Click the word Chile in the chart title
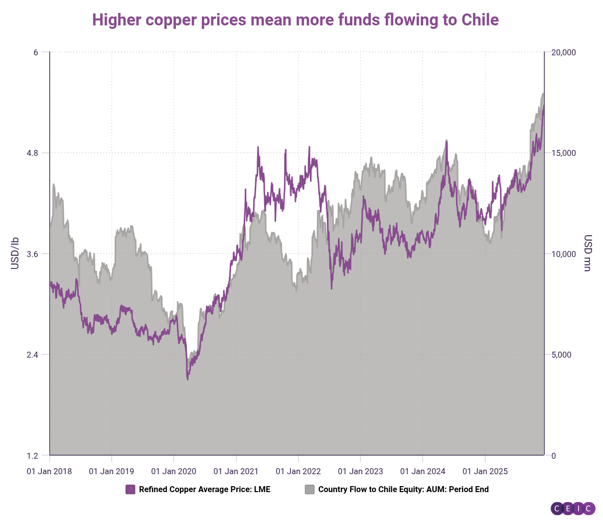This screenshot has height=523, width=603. [480, 20]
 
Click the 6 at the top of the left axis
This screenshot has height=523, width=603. [36, 52]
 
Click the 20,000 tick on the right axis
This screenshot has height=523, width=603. [563, 52]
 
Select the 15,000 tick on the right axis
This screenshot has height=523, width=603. [563, 153]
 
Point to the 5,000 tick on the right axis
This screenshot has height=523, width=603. [561, 355]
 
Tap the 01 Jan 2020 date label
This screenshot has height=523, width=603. [174, 471]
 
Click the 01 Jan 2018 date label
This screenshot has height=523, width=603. [49, 471]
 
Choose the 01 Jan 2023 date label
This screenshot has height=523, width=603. [360, 471]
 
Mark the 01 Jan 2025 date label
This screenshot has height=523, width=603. [485, 471]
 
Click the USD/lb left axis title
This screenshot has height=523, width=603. [15, 253]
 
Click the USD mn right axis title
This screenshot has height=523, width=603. [588, 253]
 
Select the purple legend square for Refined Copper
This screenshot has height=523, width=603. [131, 489]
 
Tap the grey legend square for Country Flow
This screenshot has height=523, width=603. [309, 489]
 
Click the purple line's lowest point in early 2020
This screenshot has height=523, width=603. [187, 380]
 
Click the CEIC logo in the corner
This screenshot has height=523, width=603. [573, 509]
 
